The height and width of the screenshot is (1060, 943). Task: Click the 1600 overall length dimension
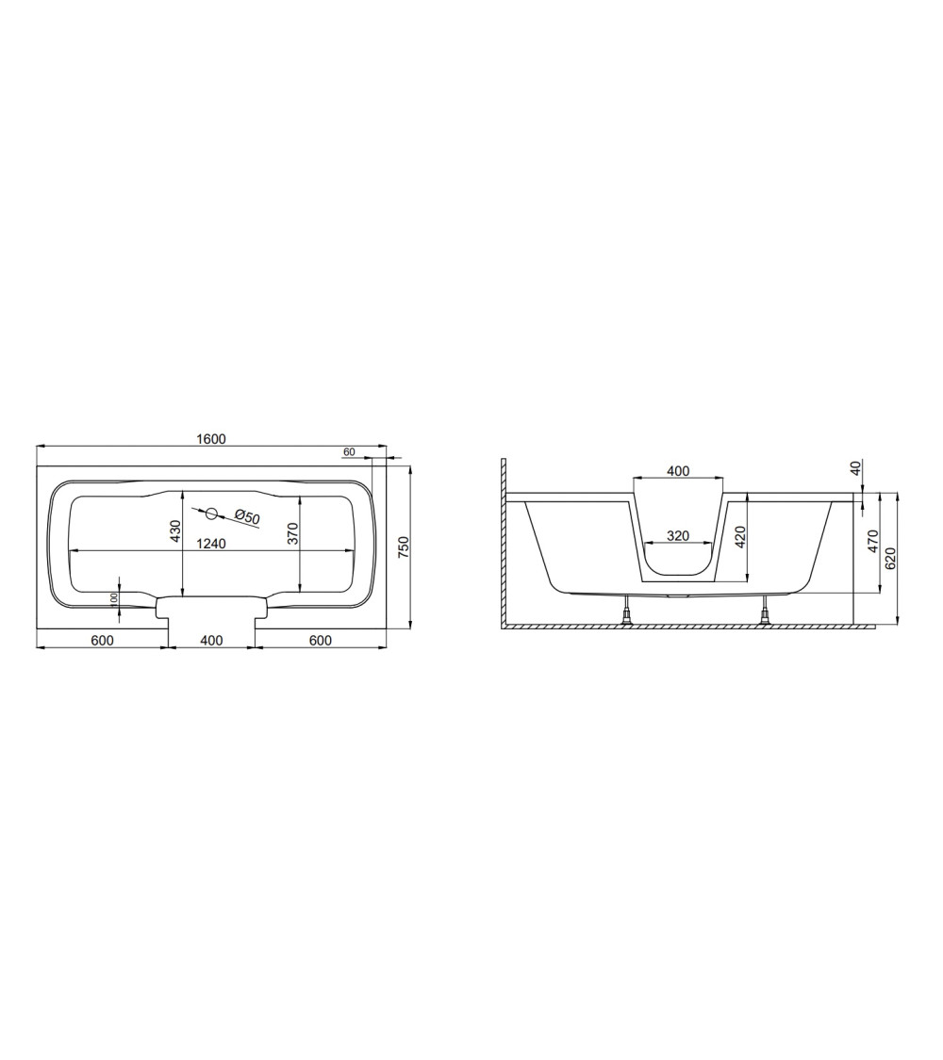(x=211, y=439)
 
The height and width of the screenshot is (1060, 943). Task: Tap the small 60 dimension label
(x=349, y=451)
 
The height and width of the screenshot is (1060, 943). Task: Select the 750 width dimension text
(x=404, y=546)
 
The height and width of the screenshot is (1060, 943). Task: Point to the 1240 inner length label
(x=211, y=543)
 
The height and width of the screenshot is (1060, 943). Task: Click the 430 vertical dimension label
(x=176, y=531)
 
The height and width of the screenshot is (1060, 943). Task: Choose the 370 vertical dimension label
(x=293, y=534)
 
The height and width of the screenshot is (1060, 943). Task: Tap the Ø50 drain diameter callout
(x=247, y=518)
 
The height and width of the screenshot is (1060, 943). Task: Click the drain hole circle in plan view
(x=211, y=514)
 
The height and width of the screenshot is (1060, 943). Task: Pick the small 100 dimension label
(x=114, y=599)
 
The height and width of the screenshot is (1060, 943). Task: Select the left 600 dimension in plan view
(x=102, y=640)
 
